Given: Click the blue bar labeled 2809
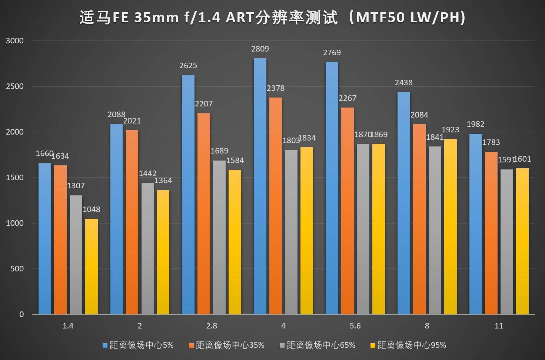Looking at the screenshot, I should click(x=260, y=185).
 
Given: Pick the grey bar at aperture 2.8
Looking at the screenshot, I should click(x=219, y=237).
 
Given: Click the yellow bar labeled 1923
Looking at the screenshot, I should click(x=451, y=226).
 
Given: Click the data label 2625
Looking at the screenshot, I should click(x=188, y=66).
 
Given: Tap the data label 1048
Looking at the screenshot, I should click(x=92, y=209).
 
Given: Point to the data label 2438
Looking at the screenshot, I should click(x=403, y=83).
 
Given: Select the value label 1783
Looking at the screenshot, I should click(x=491, y=142).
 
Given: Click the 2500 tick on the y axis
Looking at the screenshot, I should click(x=15, y=86).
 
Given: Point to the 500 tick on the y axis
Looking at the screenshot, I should click(x=17, y=269).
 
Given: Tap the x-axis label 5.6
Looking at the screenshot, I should click(x=355, y=326).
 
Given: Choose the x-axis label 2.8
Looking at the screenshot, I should click(x=212, y=326).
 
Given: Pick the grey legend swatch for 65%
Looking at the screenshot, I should click(x=282, y=346).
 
